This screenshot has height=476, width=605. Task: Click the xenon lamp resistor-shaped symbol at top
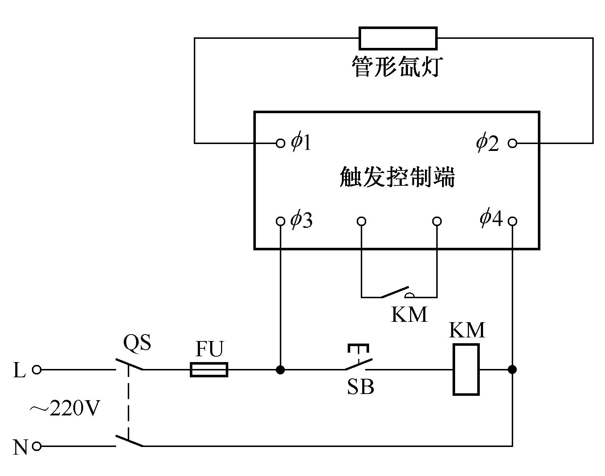[398, 38]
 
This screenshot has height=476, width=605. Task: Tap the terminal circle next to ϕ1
[280, 143]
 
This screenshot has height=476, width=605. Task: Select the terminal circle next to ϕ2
[512, 143]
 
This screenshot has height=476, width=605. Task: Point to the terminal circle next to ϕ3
[280, 221]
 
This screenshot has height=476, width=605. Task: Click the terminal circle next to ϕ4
[512, 221]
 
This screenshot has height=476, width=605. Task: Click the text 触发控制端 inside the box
[397, 177]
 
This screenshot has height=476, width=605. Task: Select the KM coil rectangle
[466, 369]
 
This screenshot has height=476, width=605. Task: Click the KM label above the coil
[467, 330]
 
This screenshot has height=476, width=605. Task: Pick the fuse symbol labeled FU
[209, 370]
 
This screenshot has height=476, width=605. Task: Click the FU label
[210, 349]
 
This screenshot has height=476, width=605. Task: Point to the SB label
[360, 387]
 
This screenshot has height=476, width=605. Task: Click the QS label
[137, 342]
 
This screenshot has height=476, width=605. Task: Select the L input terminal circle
[37, 370]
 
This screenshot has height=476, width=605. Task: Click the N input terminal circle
[37, 446]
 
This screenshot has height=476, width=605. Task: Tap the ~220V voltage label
[64, 409]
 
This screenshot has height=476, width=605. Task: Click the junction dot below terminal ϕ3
[280, 370]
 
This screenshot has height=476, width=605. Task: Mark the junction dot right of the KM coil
[512, 370]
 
